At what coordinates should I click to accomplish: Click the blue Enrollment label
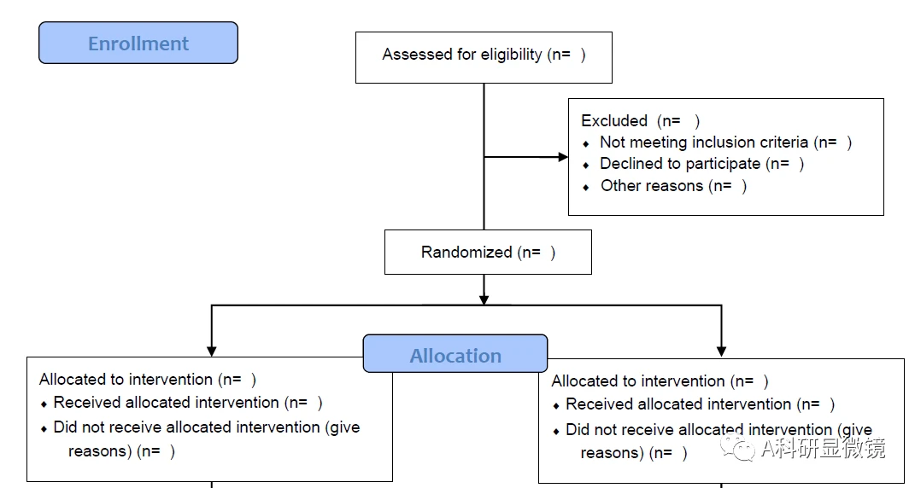(138, 44)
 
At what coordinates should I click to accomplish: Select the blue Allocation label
(455, 355)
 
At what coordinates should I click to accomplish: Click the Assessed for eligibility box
(484, 55)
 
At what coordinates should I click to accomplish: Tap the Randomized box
(488, 253)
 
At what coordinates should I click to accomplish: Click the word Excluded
(614, 121)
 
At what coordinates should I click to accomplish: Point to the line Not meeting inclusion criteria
(725, 142)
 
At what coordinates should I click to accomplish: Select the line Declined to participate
(701, 164)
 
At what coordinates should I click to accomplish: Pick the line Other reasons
(673, 186)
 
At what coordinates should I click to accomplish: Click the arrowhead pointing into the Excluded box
(563, 157)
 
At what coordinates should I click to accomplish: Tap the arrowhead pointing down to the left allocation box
(212, 350)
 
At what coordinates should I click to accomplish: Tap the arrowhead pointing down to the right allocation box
(721, 351)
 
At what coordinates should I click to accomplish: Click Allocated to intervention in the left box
(126, 380)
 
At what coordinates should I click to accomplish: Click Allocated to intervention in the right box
(638, 381)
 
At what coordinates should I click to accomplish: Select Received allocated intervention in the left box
(166, 403)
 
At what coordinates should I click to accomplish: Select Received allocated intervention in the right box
(678, 404)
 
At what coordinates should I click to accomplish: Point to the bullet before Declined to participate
(586, 165)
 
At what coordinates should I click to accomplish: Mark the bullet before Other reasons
(586, 187)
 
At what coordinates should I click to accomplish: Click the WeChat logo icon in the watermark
(736, 447)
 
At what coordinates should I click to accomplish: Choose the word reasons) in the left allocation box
(99, 451)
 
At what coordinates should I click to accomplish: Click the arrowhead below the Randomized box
(484, 299)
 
